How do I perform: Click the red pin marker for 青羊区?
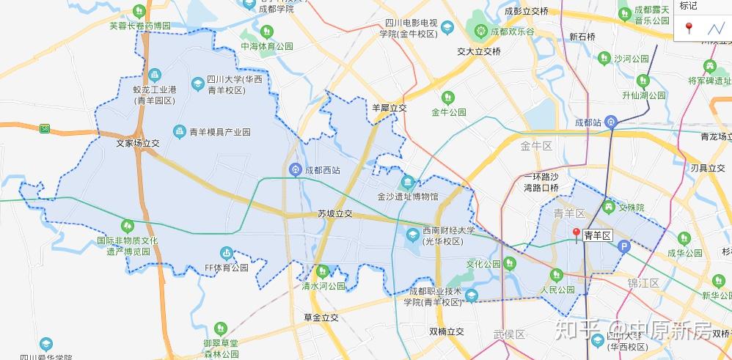point(577,234)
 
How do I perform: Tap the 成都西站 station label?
point(323,170)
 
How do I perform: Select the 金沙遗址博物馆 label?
point(407,196)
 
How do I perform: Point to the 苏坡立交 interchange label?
point(335,213)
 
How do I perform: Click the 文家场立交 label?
point(138,144)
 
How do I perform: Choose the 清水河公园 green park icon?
point(322,271)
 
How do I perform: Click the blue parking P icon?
point(624,247)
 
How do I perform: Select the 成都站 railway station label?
point(588,122)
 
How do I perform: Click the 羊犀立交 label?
point(389,108)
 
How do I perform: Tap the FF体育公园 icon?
point(226,253)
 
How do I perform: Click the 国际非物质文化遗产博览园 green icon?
point(128,224)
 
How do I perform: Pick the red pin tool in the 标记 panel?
point(689,28)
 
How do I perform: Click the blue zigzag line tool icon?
point(715,29)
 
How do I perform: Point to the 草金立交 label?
point(321,317)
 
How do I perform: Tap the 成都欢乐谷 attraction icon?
point(480,32)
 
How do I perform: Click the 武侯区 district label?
point(510,334)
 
